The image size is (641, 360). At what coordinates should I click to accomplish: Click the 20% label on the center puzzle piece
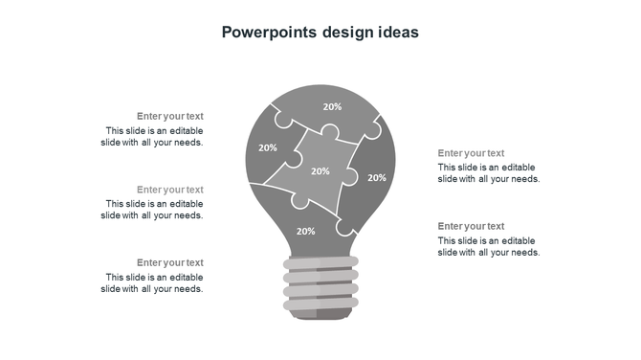pyautogui.click(x=320, y=171)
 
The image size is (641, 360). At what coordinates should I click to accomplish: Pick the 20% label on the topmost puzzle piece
pyautogui.click(x=332, y=107)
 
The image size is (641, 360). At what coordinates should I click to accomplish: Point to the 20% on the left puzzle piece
pyautogui.click(x=268, y=147)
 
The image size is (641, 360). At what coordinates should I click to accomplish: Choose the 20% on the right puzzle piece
pyautogui.click(x=377, y=177)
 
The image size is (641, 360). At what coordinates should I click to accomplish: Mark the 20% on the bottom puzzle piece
pyautogui.click(x=306, y=231)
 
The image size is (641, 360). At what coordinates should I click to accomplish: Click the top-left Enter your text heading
pyautogui.click(x=170, y=116)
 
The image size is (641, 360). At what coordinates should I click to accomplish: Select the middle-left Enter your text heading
pyautogui.click(x=170, y=190)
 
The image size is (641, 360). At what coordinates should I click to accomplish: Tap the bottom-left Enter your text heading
pyautogui.click(x=170, y=262)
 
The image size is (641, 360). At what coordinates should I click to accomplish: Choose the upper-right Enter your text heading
pyautogui.click(x=471, y=153)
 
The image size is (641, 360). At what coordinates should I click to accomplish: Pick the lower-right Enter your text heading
pyautogui.click(x=471, y=226)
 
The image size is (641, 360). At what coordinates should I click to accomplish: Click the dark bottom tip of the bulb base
pyautogui.click(x=320, y=315)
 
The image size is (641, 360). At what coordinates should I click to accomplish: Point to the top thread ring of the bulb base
pyautogui.click(x=320, y=262)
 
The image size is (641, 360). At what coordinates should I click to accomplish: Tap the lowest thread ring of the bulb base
pyautogui.click(x=320, y=303)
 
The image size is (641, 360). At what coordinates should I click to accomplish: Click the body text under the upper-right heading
pyautogui.click(x=489, y=173)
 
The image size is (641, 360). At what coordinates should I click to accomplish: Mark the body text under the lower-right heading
pyautogui.click(x=489, y=246)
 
